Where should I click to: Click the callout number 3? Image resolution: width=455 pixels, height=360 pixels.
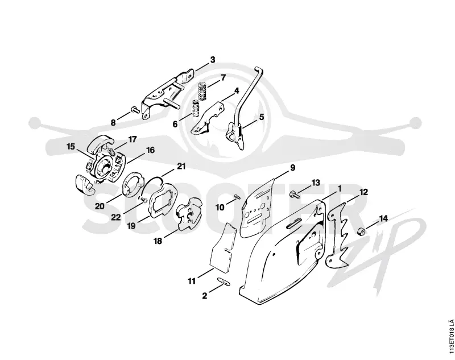(x=213, y=60)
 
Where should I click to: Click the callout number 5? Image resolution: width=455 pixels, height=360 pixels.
(x=262, y=117)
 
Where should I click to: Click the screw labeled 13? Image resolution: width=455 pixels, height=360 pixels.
(x=293, y=195)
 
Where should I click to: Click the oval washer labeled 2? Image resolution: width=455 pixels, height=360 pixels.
(x=224, y=282)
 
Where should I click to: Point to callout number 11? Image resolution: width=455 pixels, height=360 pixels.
(x=192, y=281)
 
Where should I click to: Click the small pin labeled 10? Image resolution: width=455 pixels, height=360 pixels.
(x=237, y=196)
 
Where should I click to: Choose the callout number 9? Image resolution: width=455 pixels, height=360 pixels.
(x=292, y=168)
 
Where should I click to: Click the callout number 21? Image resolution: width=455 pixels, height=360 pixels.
(x=181, y=166)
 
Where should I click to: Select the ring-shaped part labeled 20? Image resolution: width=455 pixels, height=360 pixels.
(x=133, y=185)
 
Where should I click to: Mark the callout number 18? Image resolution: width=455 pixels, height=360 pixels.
(x=158, y=241)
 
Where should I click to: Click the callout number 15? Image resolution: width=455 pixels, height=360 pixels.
(x=71, y=147)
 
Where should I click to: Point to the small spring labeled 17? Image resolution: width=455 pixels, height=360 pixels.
(x=110, y=151)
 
